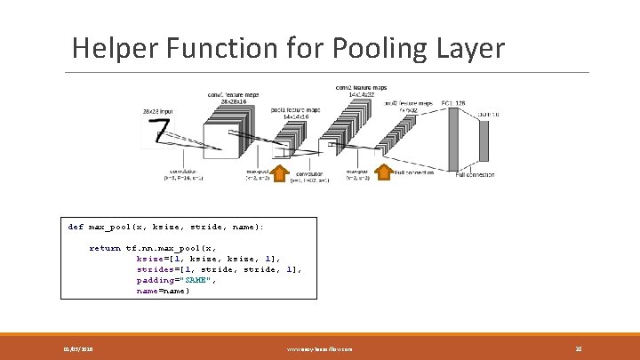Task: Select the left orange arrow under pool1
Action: (x=279, y=171)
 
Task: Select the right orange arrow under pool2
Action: (x=384, y=171)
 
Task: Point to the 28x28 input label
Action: (x=159, y=111)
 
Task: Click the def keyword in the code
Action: (x=76, y=227)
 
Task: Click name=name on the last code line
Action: (x=163, y=291)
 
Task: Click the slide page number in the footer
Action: (x=578, y=349)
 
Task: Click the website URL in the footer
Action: (x=319, y=349)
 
